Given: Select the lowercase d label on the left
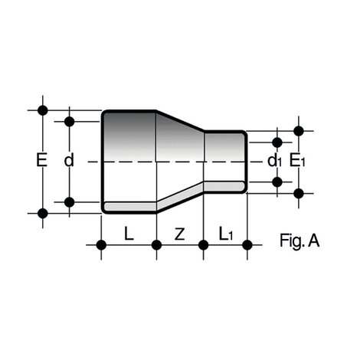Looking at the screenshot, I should click(x=69, y=162).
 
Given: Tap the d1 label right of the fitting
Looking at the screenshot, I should click(x=274, y=162).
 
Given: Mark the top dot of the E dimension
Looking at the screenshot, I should click(x=43, y=110).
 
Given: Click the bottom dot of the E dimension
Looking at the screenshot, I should click(x=43, y=213).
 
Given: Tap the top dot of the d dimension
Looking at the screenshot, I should click(x=70, y=121).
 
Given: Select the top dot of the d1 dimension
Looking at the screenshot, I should click(x=277, y=142).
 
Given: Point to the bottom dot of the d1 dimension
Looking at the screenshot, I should click(x=277, y=182).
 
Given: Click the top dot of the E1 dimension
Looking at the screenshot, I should click(x=299, y=131).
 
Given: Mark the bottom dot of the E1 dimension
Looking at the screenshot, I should click(x=299, y=193).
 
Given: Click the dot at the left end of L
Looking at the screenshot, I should click(x=101, y=245).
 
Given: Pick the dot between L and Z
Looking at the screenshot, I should click(x=156, y=245).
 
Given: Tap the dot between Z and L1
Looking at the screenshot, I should click(x=204, y=245).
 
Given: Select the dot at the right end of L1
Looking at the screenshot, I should click(x=247, y=245).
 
